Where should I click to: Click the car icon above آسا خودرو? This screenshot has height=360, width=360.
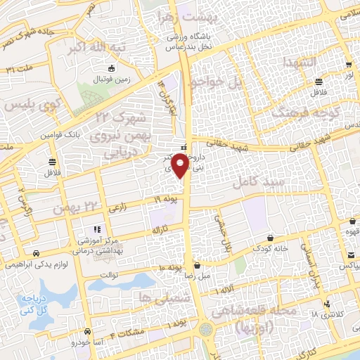86,331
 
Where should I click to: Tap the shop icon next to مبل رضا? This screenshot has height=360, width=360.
197,266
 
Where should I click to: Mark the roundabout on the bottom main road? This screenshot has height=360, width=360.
205,328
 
